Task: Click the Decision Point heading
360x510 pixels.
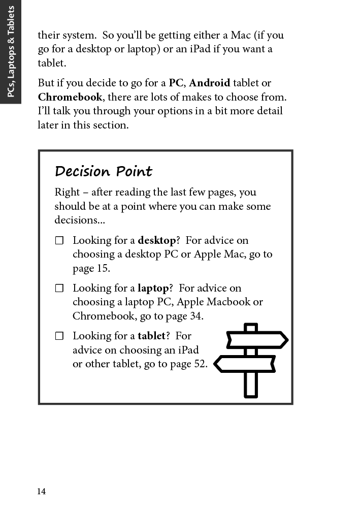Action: (x=103, y=172)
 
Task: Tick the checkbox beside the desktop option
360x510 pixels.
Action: (x=59, y=240)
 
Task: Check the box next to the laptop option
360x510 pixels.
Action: (x=59, y=288)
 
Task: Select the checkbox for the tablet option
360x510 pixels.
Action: (x=59, y=336)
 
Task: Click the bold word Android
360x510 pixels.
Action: (x=209, y=83)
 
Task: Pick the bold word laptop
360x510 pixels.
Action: (x=153, y=288)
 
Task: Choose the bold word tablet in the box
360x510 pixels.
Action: (x=151, y=336)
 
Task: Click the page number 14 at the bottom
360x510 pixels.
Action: (x=41, y=491)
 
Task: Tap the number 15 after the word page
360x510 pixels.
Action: (x=103, y=268)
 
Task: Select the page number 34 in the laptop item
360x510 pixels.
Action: (x=195, y=316)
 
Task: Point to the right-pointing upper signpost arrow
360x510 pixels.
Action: (x=258, y=340)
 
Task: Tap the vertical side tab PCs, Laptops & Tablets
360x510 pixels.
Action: (x=11, y=52)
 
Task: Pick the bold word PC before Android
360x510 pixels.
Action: (x=176, y=83)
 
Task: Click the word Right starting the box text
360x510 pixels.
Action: (x=67, y=192)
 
